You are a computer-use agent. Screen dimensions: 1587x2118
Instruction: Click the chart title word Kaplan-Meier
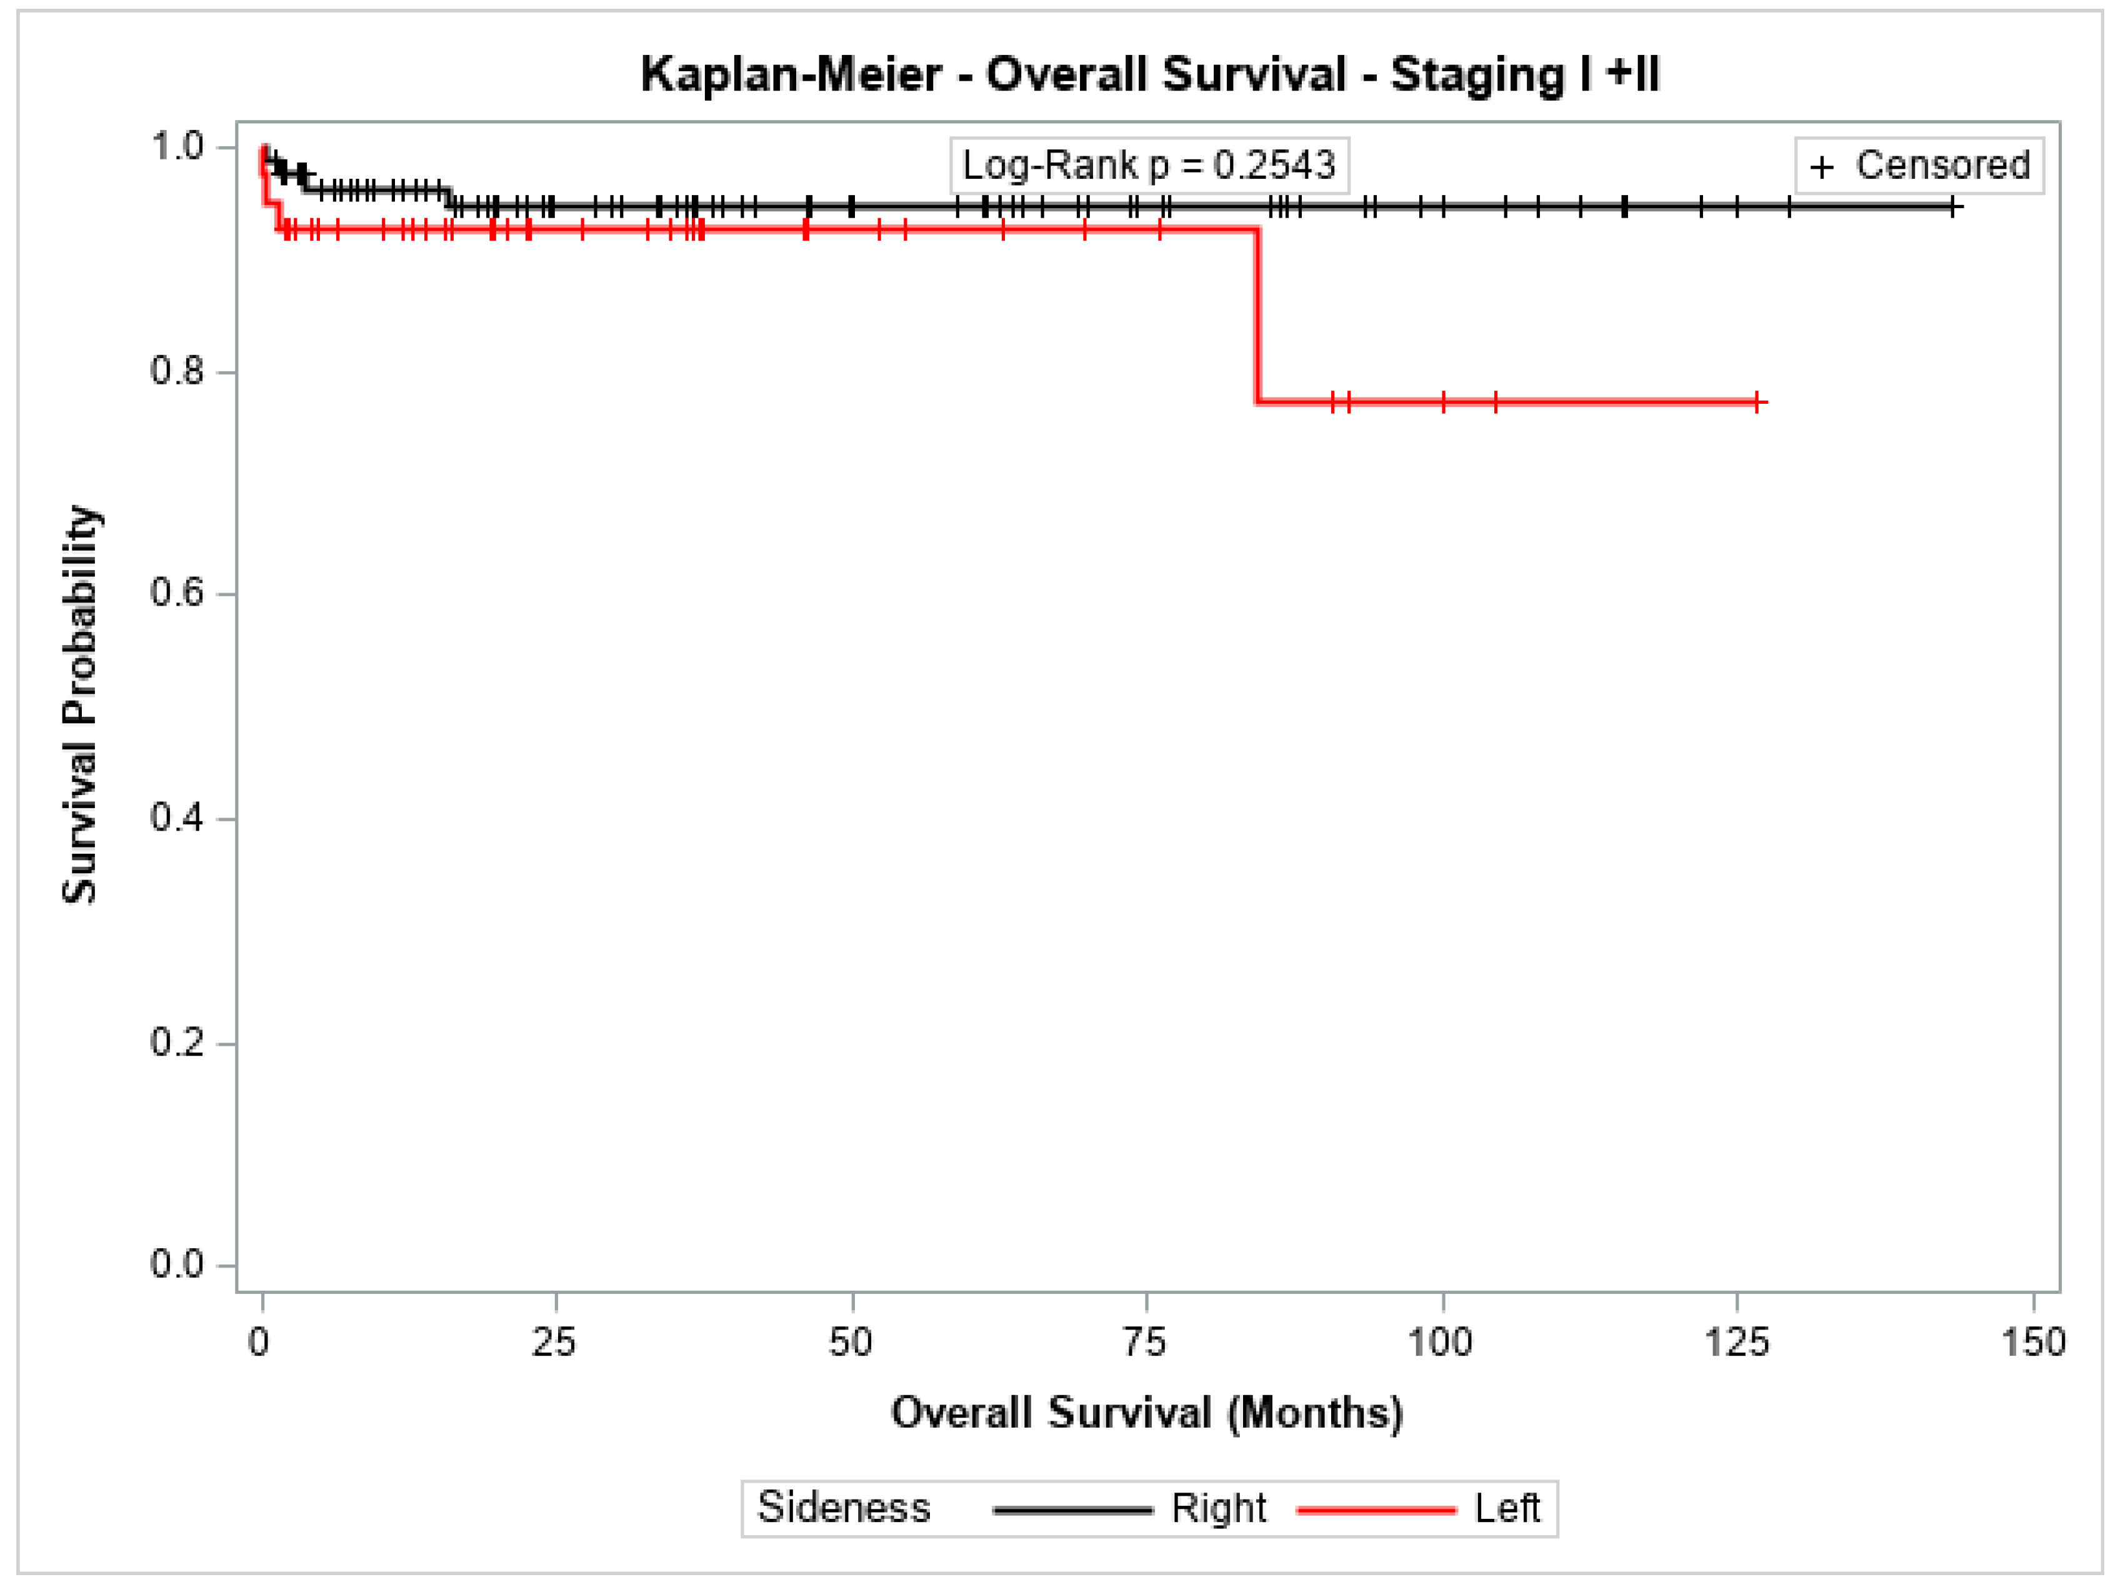[791, 75]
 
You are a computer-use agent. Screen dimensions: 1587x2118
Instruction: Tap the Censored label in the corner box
[1942, 166]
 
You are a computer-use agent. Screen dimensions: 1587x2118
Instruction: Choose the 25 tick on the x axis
[554, 1343]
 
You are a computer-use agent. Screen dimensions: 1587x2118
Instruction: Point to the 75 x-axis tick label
[1145, 1343]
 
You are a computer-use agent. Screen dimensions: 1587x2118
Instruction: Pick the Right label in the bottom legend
[1218, 1508]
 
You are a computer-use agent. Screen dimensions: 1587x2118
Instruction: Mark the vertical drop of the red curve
[1257, 316]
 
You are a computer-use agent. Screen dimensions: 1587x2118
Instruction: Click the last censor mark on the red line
[1758, 403]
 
